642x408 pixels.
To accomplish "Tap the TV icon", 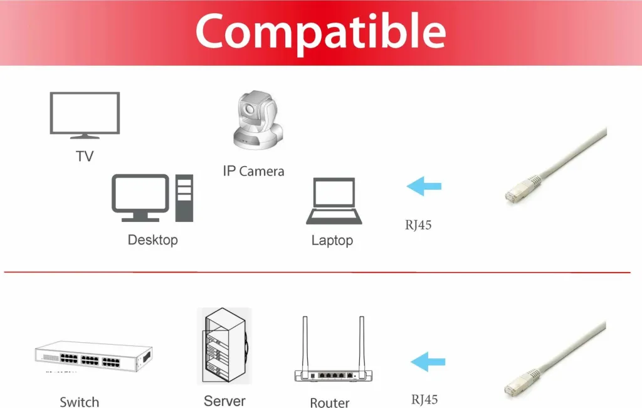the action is tap(85, 115).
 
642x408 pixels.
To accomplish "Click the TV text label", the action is tap(85, 156).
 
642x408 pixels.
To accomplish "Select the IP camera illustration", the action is tap(258, 120).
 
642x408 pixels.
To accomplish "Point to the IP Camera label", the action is tap(253, 171).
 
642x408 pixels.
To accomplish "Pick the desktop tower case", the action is tap(184, 198).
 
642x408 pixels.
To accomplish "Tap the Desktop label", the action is tap(153, 240).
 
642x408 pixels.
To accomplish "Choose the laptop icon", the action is tap(334, 201).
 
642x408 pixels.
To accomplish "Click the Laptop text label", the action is tap(332, 240).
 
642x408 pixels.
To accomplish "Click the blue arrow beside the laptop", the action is tap(424, 186).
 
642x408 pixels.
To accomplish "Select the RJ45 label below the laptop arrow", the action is tap(418, 225).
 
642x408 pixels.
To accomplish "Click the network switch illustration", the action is tap(94, 357).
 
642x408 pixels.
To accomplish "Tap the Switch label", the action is tap(80, 402).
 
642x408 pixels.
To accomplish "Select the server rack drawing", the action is tap(224, 346).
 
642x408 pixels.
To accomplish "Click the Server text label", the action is tap(225, 401).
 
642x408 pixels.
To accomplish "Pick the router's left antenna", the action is tap(305, 343).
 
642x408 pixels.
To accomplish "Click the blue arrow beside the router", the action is tap(428, 362).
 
